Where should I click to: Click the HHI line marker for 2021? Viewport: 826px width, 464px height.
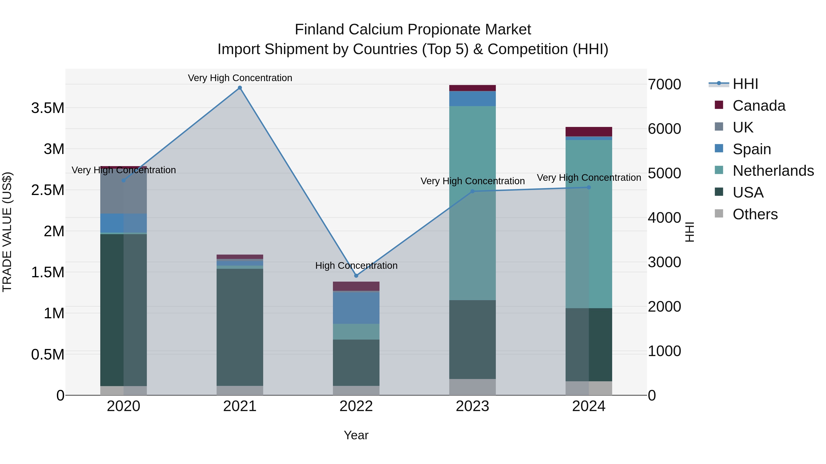pyautogui.click(x=240, y=88)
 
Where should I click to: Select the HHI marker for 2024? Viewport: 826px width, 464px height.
pyautogui.click(x=589, y=187)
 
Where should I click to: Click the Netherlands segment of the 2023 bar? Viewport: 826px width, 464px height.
pyautogui.click(x=472, y=203)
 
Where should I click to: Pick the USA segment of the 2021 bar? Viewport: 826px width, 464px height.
pyautogui.click(x=240, y=327)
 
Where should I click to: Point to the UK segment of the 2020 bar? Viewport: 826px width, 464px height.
pyautogui.click(x=123, y=191)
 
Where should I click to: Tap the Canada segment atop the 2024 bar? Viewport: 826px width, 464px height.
pyautogui.click(x=589, y=132)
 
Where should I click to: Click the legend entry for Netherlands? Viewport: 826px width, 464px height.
pyautogui.click(x=773, y=171)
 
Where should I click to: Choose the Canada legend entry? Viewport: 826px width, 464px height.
pyautogui.click(x=759, y=106)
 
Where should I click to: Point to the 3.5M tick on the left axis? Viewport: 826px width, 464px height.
pyautogui.click(x=48, y=108)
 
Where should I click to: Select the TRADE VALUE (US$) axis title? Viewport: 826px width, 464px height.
pyautogui.click(x=7, y=232)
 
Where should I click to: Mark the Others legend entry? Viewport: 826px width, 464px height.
pyautogui.click(x=755, y=214)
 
